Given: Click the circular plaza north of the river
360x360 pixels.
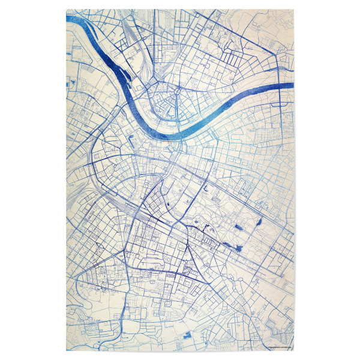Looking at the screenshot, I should pos(178,91).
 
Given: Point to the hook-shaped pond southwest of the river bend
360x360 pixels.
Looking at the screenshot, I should pos(131,139).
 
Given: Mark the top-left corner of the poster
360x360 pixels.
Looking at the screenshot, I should pos(66,9).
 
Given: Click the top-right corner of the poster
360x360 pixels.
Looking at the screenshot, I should pos(293,9).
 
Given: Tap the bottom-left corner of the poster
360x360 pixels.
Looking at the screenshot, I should pos(66,350).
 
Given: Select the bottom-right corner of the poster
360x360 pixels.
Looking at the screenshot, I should pos(293,350).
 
